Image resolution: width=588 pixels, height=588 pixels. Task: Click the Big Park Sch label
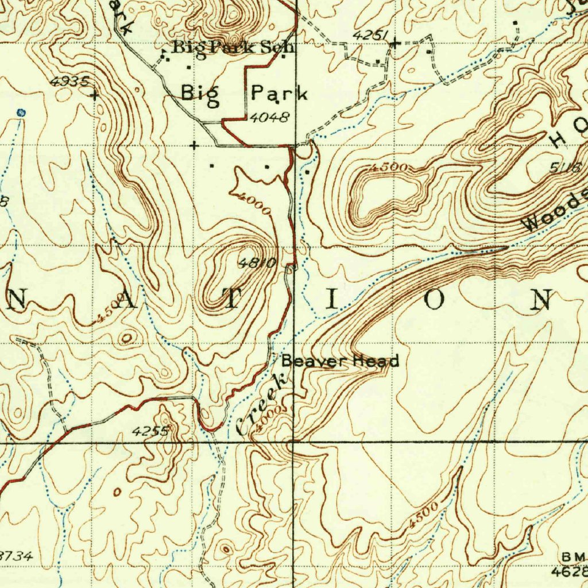(x=233, y=48)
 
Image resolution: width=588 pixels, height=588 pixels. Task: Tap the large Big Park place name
(x=245, y=92)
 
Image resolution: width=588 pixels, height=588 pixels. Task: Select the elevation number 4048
(x=269, y=118)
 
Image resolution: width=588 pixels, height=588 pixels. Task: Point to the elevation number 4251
(x=367, y=36)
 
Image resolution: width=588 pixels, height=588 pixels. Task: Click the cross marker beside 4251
(x=394, y=42)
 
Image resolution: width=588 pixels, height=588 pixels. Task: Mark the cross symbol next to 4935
(x=94, y=95)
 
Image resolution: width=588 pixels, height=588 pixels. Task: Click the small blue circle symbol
(x=21, y=113)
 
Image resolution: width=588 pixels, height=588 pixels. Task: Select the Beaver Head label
(x=340, y=361)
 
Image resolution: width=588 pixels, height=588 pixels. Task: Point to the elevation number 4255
(x=150, y=431)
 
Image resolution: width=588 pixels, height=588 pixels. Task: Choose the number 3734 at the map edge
(x=16, y=556)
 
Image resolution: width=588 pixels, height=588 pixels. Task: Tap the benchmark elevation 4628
(x=570, y=572)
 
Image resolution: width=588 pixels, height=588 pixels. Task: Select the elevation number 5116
(x=566, y=168)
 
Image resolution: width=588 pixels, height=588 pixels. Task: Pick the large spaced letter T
(x=233, y=299)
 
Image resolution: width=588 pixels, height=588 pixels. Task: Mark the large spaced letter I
(x=329, y=299)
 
